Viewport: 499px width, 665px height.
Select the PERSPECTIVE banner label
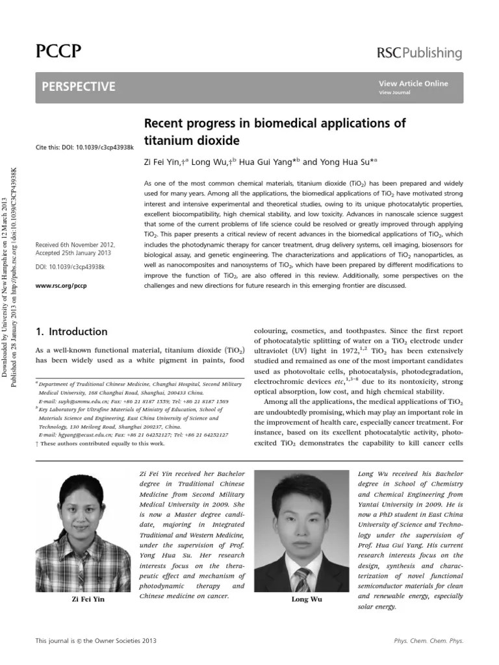pyautogui.click(x=79, y=86)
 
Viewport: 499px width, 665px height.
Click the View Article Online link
pyautogui.click(x=413, y=84)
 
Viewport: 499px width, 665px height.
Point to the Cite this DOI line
pyautogui.click(x=84, y=147)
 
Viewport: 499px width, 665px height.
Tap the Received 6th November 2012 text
pyautogui.click(x=77, y=245)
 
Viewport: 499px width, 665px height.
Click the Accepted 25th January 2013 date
pyautogui.click(x=74, y=254)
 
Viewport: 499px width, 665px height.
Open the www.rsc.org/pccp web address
pyautogui.click(x=61, y=285)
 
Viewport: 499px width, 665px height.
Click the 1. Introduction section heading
pyautogui.click(x=71, y=331)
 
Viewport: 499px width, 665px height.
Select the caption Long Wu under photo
pyautogui.click(x=307, y=599)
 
